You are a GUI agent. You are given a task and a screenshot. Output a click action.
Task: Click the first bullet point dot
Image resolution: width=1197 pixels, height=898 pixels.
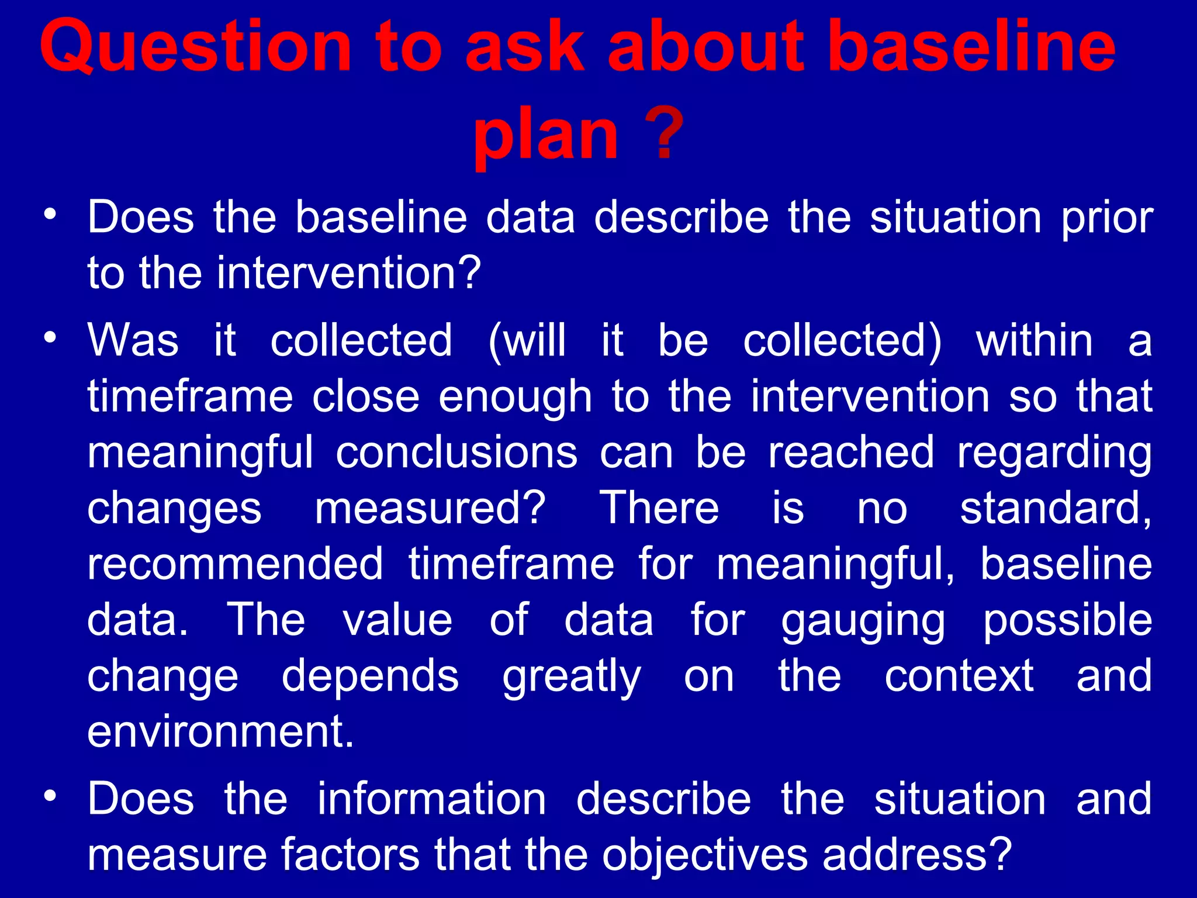[51, 213]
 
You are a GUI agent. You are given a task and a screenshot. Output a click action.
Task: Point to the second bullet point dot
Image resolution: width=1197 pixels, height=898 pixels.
[51, 337]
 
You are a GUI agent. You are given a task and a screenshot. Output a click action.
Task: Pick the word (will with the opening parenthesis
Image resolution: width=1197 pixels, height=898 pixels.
[527, 340]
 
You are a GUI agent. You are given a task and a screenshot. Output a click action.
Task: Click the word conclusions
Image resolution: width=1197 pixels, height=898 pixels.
[456, 452]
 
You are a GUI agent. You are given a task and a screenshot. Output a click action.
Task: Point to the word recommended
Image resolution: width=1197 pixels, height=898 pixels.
[235, 564]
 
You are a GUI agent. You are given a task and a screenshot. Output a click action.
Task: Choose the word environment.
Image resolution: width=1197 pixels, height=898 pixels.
[220, 731]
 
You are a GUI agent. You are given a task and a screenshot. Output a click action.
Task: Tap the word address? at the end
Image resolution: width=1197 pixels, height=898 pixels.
[917, 854]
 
